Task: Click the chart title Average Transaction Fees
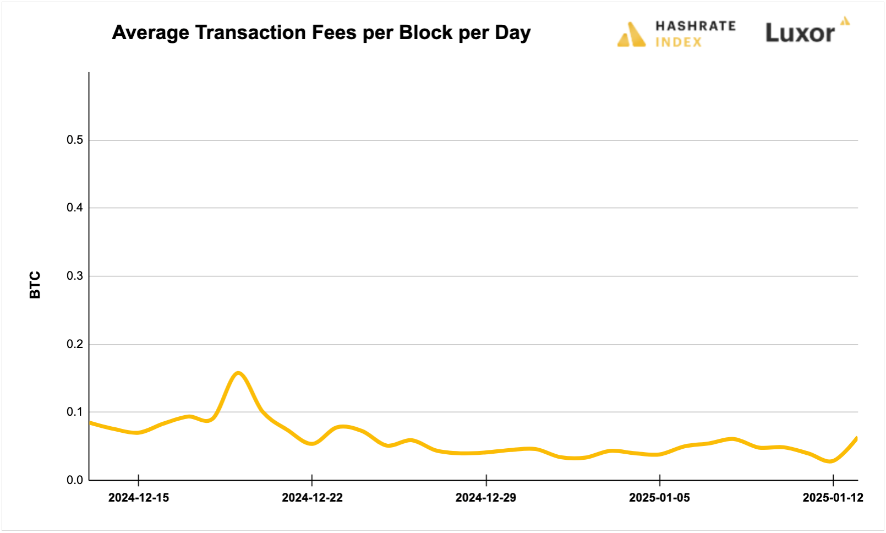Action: [x=321, y=32]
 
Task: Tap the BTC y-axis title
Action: [x=35, y=285]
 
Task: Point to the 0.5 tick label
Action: [x=75, y=140]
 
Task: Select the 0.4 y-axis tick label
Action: [x=75, y=208]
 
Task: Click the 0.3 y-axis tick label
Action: [x=75, y=276]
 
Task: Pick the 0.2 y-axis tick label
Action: [x=75, y=344]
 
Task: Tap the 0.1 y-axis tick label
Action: [x=75, y=412]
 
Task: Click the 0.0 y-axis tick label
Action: [x=75, y=480]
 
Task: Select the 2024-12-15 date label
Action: [x=139, y=498]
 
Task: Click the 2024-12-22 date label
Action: [x=312, y=498]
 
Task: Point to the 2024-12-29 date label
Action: [x=486, y=498]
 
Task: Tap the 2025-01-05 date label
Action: [x=659, y=498]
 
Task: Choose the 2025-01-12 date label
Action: [x=833, y=498]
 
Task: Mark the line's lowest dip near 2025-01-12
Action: [x=830, y=461]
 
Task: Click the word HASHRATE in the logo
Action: [x=696, y=26]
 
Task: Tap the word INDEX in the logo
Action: [x=679, y=42]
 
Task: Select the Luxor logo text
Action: [x=800, y=34]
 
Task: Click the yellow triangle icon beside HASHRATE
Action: [x=631, y=35]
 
